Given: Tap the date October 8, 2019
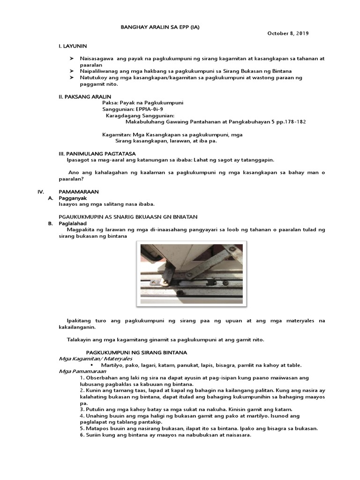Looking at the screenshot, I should pyautogui.click(x=288, y=33).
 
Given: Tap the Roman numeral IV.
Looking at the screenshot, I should pyautogui.click(x=40, y=192).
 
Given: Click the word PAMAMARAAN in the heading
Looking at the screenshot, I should pyautogui.click(x=78, y=192).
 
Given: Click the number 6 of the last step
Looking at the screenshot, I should pyautogui.click(x=82, y=435).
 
